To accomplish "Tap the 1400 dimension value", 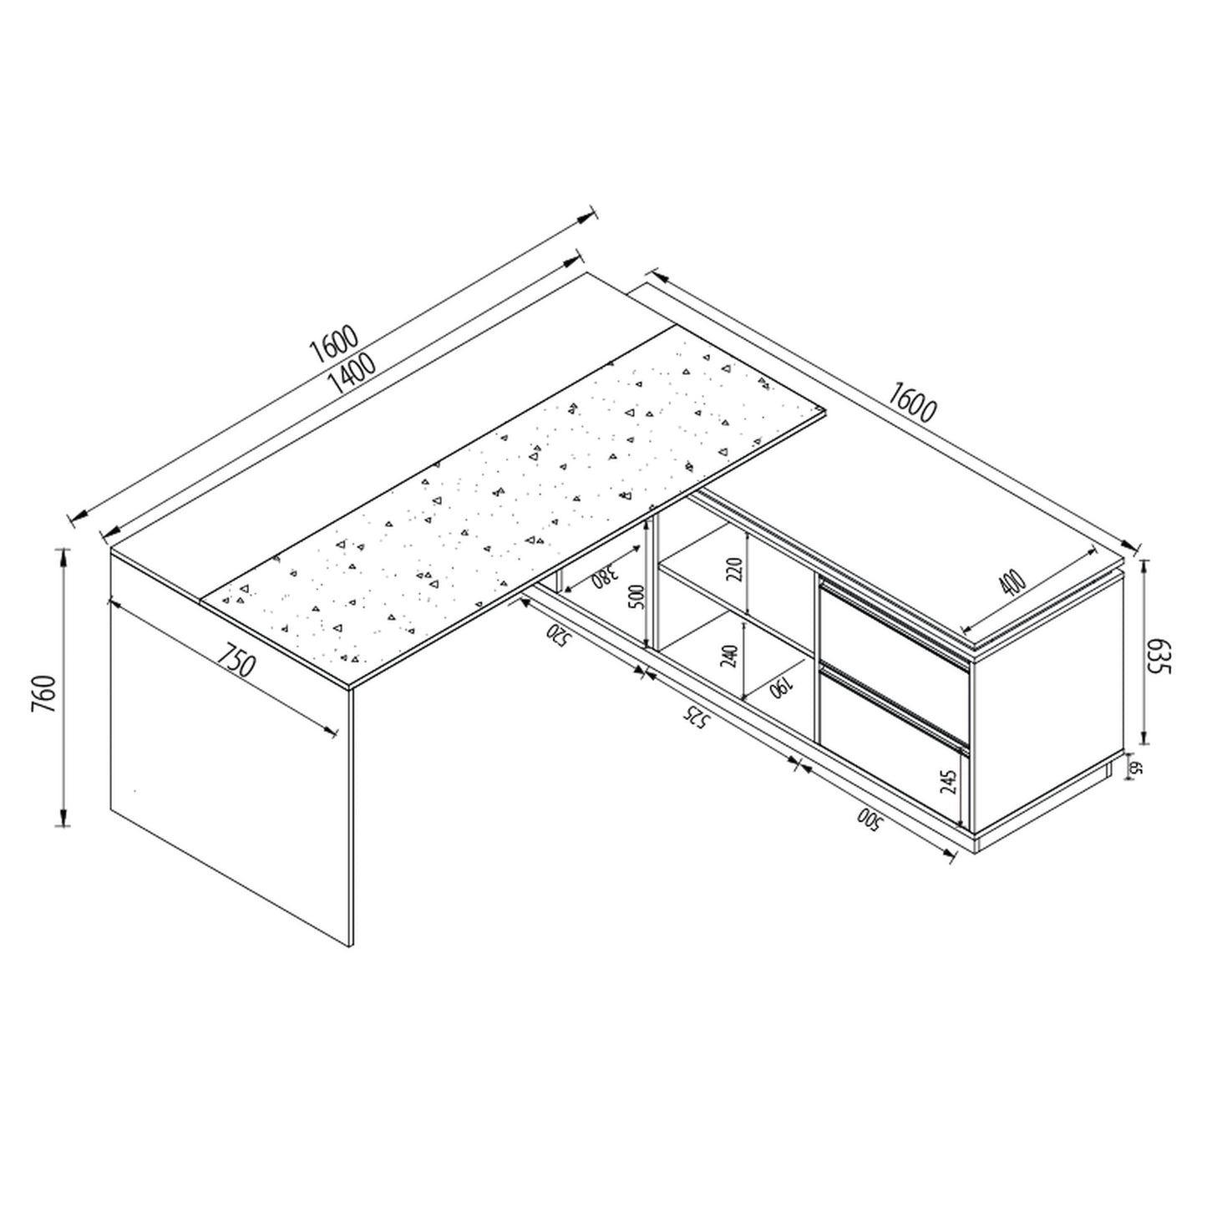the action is click(x=352, y=373).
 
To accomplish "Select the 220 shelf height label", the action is click(x=737, y=570).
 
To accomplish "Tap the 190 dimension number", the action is click(x=782, y=688).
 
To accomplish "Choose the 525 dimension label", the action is click(x=696, y=718).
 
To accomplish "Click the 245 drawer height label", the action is click(x=949, y=783).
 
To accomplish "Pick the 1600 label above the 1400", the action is click(x=334, y=343).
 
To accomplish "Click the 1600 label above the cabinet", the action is click(x=912, y=401).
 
